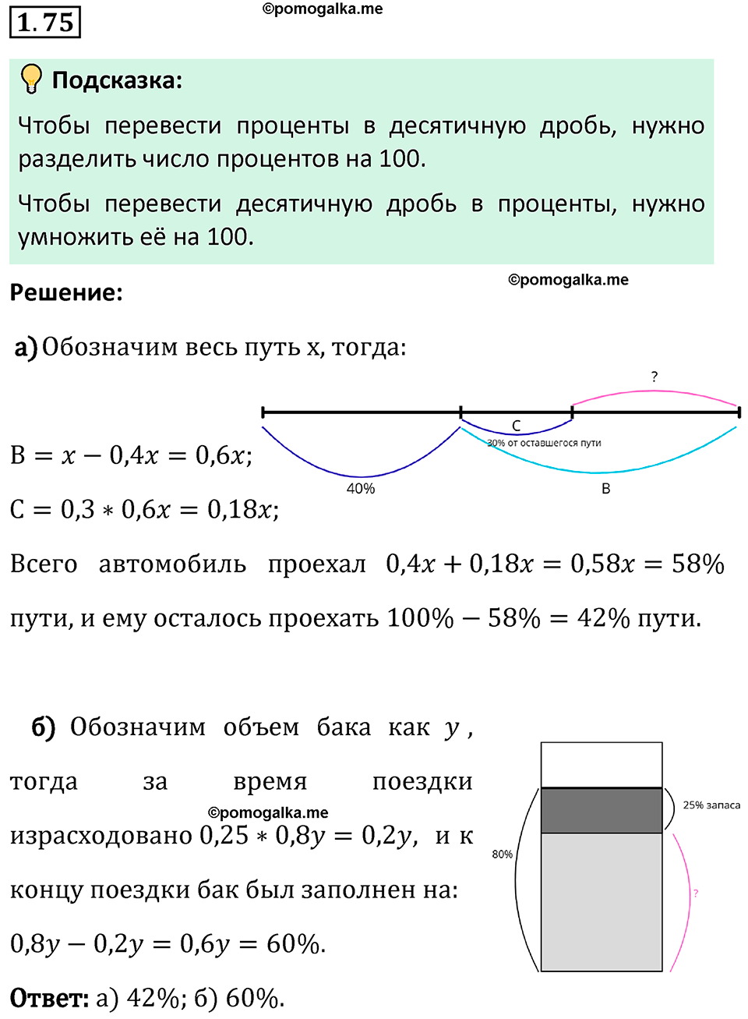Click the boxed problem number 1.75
pyautogui.click(x=45, y=22)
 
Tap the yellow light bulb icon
pyautogui.click(x=31, y=79)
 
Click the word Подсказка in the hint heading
pyautogui.click(x=116, y=80)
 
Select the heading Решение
pyautogui.click(x=66, y=293)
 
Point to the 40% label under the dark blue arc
pyautogui.click(x=361, y=489)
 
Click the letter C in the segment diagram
pyautogui.click(x=516, y=426)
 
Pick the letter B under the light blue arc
pyautogui.click(x=606, y=489)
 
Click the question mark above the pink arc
pyautogui.click(x=654, y=377)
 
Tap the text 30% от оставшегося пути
pyautogui.click(x=544, y=443)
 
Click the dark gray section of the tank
pyautogui.click(x=602, y=811)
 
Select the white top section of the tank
pyautogui.click(x=602, y=765)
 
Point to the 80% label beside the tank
pyautogui.click(x=503, y=854)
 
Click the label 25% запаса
pyautogui.click(x=711, y=805)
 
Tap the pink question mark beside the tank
pyautogui.click(x=696, y=893)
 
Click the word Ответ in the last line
pyautogui.click(x=48, y=999)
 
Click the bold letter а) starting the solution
pyautogui.click(x=26, y=347)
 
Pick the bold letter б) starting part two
pyautogui.click(x=44, y=727)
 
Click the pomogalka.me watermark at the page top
pyautogui.click(x=323, y=9)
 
